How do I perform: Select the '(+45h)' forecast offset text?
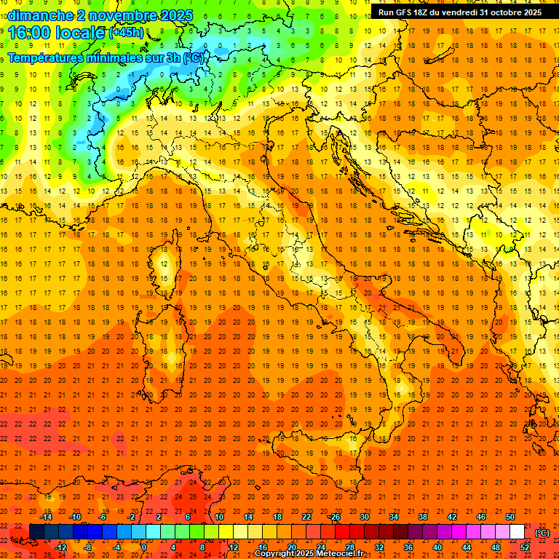tap(126, 33)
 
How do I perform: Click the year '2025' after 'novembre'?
tap(175, 15)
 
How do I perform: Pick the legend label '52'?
tap(525, 547)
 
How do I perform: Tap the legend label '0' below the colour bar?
tap(143, 547)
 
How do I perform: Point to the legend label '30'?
tap(364, 517)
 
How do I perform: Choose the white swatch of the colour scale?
tap(517, 532)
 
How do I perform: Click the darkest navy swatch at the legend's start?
tap(36, 532)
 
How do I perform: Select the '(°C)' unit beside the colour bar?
tap(542, 533)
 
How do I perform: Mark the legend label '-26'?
tap(335, 517)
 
